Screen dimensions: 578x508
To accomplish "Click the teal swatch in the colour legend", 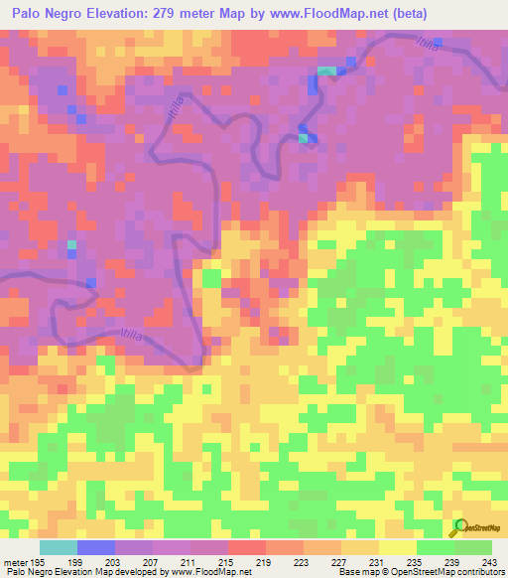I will click(59, 547).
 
